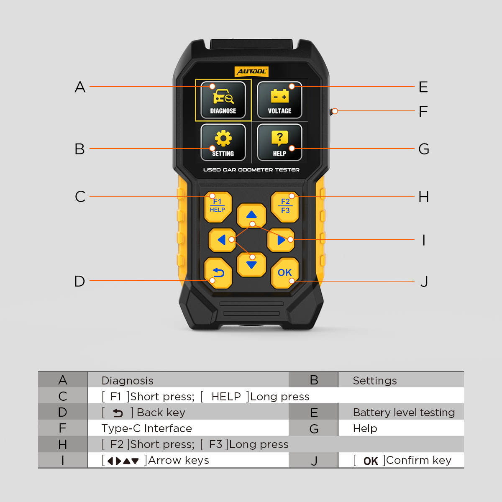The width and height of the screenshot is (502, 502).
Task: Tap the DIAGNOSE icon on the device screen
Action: pyautogui.click(x=223, y=100)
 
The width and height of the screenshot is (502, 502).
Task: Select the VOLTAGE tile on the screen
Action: pyautogui.click(x=279, y=100)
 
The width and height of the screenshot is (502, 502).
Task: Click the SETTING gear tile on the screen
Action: pyautogui.click(x=223, y=142)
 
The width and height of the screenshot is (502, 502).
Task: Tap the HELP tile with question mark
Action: pyautogui.click(x=279, y=142)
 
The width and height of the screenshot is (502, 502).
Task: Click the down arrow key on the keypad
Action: pyautogui.click(x=251, y=264)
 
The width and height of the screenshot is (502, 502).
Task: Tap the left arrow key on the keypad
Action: pyautogui.click(x=222, y=240)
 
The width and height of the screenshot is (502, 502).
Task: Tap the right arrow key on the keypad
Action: pyautogui.click(x=281, y=240)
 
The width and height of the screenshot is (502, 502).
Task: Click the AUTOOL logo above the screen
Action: pyautogui.click(x=251, y=72)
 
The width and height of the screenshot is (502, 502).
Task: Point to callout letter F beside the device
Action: pyautogui.click(x=423, y=111)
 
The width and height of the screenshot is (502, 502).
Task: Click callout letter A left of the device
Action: pyautogui.click(x=80, y=87)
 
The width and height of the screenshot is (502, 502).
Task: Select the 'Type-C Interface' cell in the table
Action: pyautogui.click(x=147, y=428)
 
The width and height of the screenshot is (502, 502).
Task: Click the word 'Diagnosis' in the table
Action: pyautogui.click(x=128, y=381)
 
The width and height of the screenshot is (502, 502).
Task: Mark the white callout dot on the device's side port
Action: pyautogui.click(x=335, y=111)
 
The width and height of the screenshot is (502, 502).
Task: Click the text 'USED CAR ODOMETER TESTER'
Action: pyautogui.click(x=251, y=170)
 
